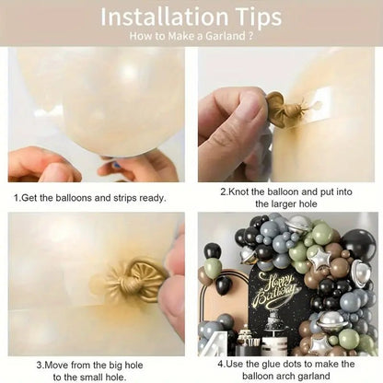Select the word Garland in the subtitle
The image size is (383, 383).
click(226, 36)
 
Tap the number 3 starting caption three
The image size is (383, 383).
click(40, 366)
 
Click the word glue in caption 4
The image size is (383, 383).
click(269, 365)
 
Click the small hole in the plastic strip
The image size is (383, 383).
click(317, 105)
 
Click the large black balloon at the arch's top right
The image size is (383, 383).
click(359, 246)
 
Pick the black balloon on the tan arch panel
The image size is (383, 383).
click(224, 285)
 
